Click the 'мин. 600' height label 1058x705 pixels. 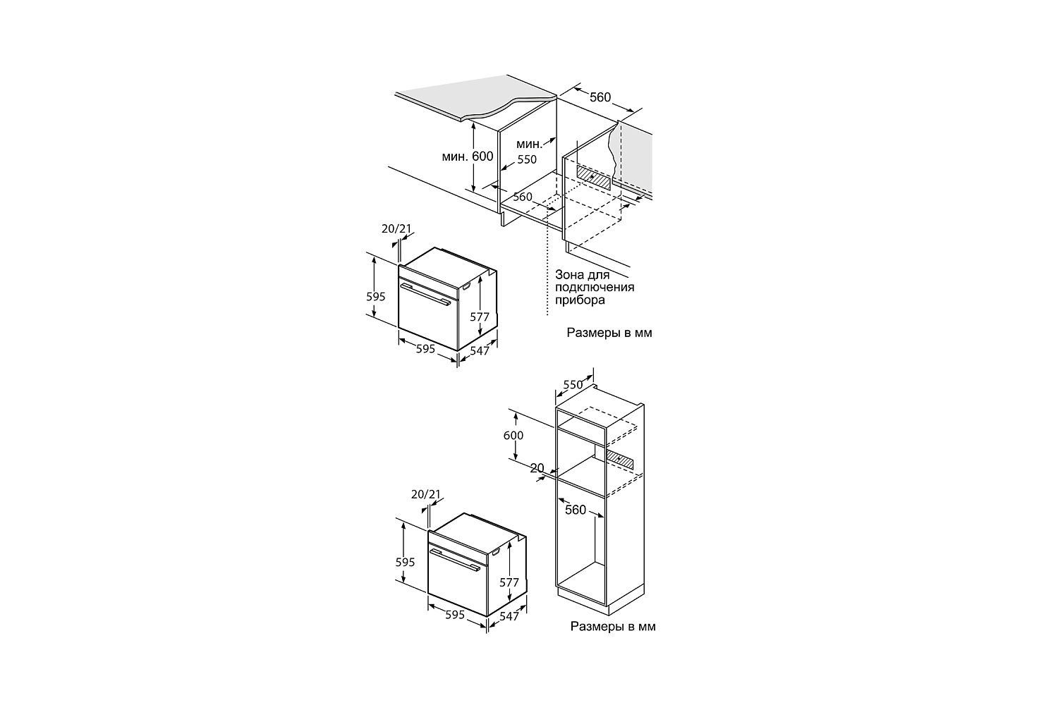pos(468,157)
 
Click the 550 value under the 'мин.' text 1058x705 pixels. pos(527,159)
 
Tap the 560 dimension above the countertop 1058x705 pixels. pos(600,97)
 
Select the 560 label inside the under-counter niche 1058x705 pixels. pos(523,197)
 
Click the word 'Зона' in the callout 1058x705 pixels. pos(568,275)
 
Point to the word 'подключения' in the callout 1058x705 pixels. pos(595,287)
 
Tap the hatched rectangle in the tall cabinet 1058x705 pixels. pos(620,460)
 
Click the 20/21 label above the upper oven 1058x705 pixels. pos(396,229)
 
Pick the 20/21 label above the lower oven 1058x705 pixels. pos(425,494)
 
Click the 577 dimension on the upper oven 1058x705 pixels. pos(480,317)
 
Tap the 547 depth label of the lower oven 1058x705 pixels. pos(509,616)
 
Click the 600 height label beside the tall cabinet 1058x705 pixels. pos(513,436)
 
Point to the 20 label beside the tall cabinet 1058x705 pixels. pos(537,468)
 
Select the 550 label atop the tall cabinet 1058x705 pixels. pos(573,385)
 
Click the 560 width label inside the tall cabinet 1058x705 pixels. pos(576,510)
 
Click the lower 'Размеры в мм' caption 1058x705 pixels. pos(613,627)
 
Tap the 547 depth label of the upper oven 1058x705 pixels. pos(480,351)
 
